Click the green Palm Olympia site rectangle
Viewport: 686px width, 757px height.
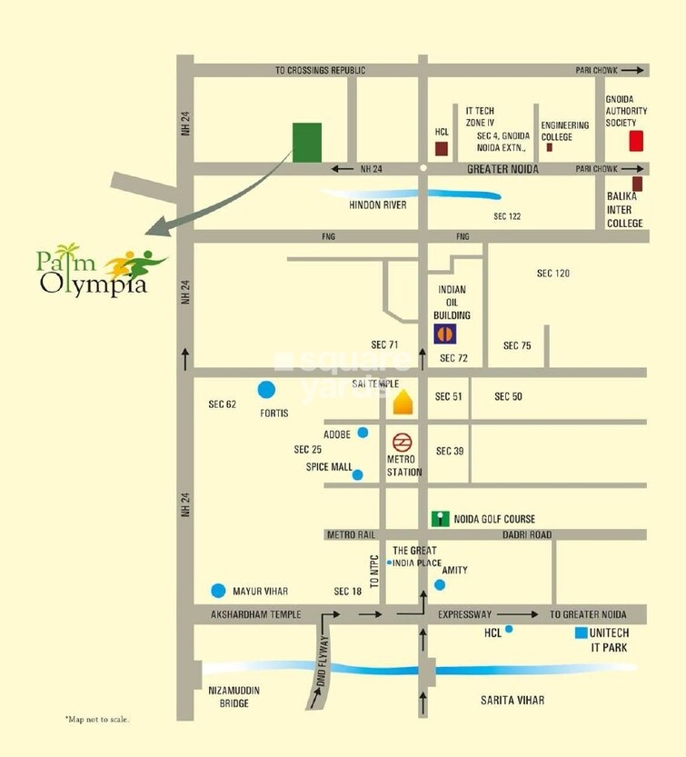pyautogui.click(x=307, y=142)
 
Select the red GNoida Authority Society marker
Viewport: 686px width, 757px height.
pyautogui.click(x=636, y=141)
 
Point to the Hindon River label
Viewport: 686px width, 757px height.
pyautogui.click(x=377, y=205)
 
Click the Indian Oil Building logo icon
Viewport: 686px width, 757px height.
pyautogui.click(x=444, y=334)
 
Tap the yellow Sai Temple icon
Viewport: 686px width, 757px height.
pyautogui.click(x=403, y=403)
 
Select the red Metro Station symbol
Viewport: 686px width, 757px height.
pyautogui.click(x=402, y=443)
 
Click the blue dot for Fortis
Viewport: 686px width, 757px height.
pyautogui.click(x=266, y=391)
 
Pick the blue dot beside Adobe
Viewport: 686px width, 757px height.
pyautogui.click(x=363, y=433)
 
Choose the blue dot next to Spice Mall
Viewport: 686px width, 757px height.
pyautogui.click(x=358, y=474)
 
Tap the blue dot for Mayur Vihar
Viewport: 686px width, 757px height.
pyautogui.click(x=218, y=591)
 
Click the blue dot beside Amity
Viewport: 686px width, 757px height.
pyautogui.click(x=440, y=584)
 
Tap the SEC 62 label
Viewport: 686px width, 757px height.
pyautogui.click(x=223, y=404)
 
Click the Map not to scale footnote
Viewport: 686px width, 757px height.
pyautogui.click(x=97, y=720)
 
